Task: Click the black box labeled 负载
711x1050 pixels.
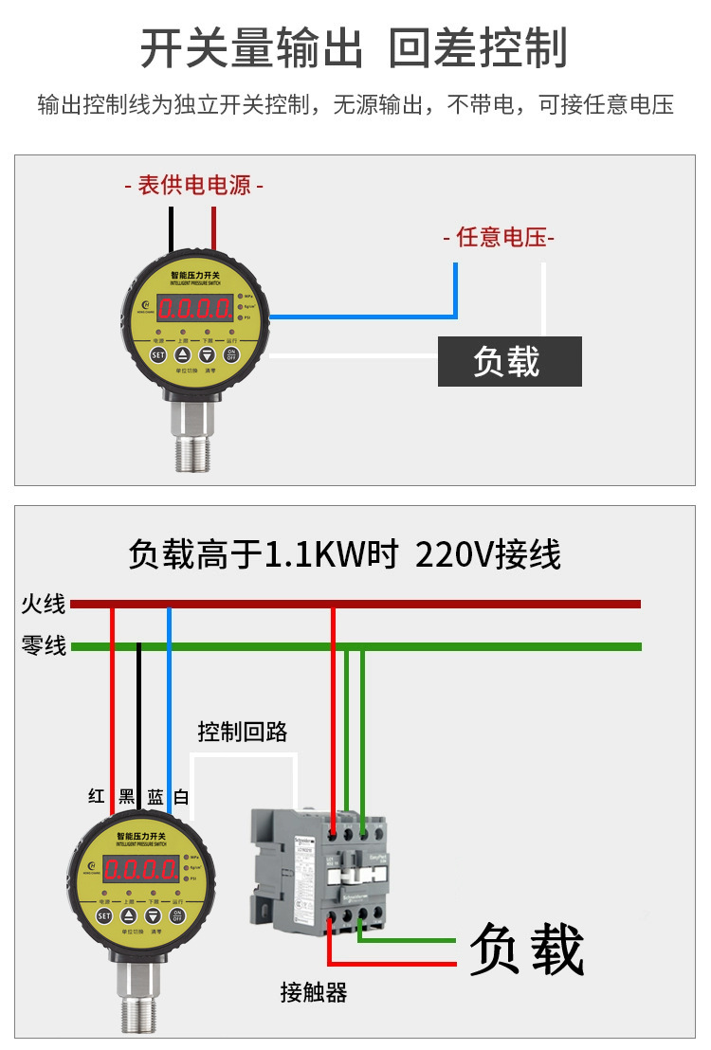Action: click(x=509, y=361)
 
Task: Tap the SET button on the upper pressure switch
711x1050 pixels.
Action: click(x=158, y=355)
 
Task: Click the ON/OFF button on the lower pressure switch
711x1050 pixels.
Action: click(x=176, y=915)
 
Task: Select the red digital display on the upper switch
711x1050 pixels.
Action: click(x=195, y=308)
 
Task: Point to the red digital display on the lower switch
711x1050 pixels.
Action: click(x=140, y=869)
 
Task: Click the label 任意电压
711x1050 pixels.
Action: click(x=499, y=237)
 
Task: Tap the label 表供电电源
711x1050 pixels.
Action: click(x=194, y=186)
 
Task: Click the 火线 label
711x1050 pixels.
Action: click(x=44, y=604)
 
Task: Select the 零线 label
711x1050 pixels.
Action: click(x=44, y=646)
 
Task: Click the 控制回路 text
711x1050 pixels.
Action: click(x=242, y=732)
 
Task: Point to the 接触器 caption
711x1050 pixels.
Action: click(x=314, y=992)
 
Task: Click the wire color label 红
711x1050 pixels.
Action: click(x=96, y=796)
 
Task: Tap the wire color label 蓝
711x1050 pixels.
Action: click(x=155, y=796)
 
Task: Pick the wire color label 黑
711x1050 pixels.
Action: click(x=126, y=796)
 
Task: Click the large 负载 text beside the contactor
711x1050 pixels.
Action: click(x=526, y=949)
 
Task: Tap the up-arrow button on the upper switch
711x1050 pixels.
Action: click(x=183, y=355)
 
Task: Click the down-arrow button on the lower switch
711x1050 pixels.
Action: click(x=152, y=915)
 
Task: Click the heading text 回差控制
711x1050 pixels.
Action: click(x=479, y=48)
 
